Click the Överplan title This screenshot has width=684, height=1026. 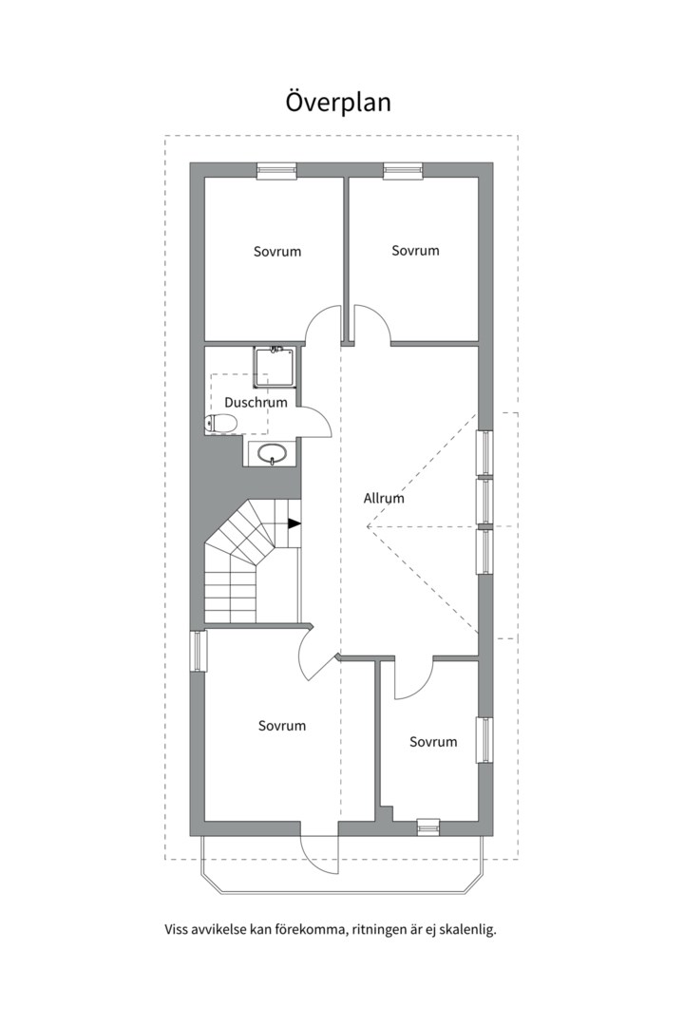[338, 102]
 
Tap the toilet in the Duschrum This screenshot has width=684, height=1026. [220, 424]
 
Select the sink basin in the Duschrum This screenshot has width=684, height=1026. [272, 453]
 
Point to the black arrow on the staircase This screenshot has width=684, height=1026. [294, 523]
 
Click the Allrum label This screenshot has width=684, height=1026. [384, 498]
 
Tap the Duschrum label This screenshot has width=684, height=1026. [256, 402]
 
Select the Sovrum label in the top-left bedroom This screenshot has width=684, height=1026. [277, 251]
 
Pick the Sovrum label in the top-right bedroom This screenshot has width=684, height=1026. [416, 251]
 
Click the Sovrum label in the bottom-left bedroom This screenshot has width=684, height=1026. [282, 726]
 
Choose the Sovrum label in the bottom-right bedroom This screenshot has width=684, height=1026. [433, 741]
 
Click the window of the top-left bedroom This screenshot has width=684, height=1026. [277, 170]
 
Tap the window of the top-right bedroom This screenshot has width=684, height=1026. [404, 170]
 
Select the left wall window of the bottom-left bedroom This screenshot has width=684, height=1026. [198, 651]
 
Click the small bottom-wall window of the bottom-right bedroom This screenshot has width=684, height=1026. [428, 827]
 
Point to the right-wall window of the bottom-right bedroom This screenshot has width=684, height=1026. [485, 740]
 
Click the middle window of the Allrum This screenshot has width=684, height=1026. [485, 503]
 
